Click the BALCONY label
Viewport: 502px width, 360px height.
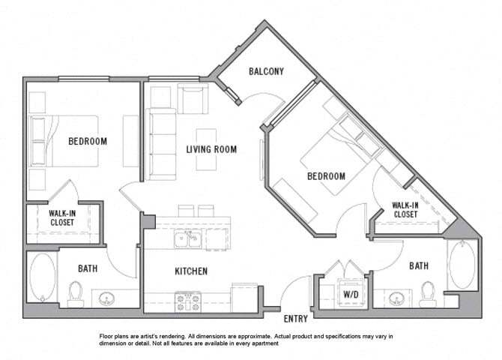pos(266,72)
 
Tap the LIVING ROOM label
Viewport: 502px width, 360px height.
pos(211,149)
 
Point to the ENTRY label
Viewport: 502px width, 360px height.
pos(296,319)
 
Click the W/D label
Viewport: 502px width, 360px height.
pos(349,293)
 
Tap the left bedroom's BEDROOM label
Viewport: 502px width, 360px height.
pos(88,141)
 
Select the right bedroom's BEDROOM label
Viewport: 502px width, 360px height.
pos(326,176)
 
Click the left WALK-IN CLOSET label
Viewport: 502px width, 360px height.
pos(61,217)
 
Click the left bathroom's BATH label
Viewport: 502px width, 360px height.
pos(88,268)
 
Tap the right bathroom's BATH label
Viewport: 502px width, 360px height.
pos(419,265)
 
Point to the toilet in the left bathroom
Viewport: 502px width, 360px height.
pos(76,294)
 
